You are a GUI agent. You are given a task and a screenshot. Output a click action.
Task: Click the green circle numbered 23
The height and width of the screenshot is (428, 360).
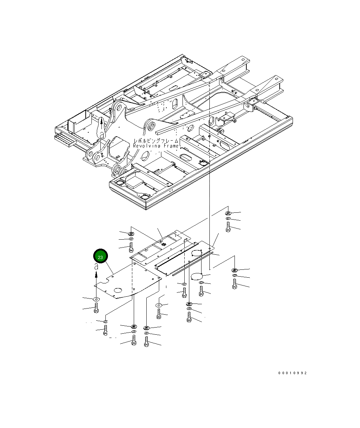pos(100,257)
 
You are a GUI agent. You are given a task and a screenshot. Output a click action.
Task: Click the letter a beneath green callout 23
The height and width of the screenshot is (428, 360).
pos(96,267)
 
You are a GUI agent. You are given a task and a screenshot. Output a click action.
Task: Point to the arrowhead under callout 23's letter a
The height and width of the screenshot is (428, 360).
pos(96,274)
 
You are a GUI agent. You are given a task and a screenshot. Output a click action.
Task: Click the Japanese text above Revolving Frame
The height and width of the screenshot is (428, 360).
pos(156,141)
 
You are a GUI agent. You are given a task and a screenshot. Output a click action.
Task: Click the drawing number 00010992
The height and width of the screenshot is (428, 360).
pos(293,373)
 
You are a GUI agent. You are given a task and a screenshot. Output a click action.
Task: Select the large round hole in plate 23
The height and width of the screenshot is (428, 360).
pos(117,290)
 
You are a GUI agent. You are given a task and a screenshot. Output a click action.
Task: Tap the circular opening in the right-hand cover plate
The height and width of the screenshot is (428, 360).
pos(197,253)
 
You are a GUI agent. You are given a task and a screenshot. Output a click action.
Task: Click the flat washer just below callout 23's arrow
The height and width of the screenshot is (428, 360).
pos(96,299)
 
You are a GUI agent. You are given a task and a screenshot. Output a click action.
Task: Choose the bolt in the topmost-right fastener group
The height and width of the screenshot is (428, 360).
pos(228,227)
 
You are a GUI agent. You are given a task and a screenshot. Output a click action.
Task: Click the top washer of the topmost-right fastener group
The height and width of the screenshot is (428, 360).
pos(228,213)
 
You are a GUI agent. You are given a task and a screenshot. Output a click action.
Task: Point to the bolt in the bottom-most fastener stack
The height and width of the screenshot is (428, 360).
pos(146,342)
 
